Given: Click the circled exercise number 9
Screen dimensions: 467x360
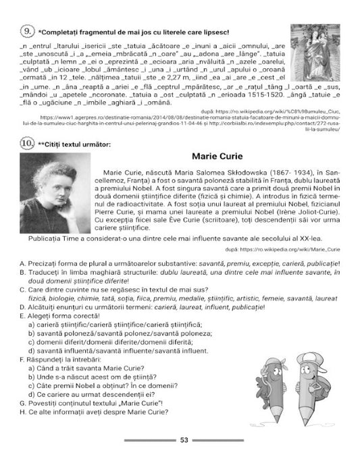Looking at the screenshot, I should click(27, 31).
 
